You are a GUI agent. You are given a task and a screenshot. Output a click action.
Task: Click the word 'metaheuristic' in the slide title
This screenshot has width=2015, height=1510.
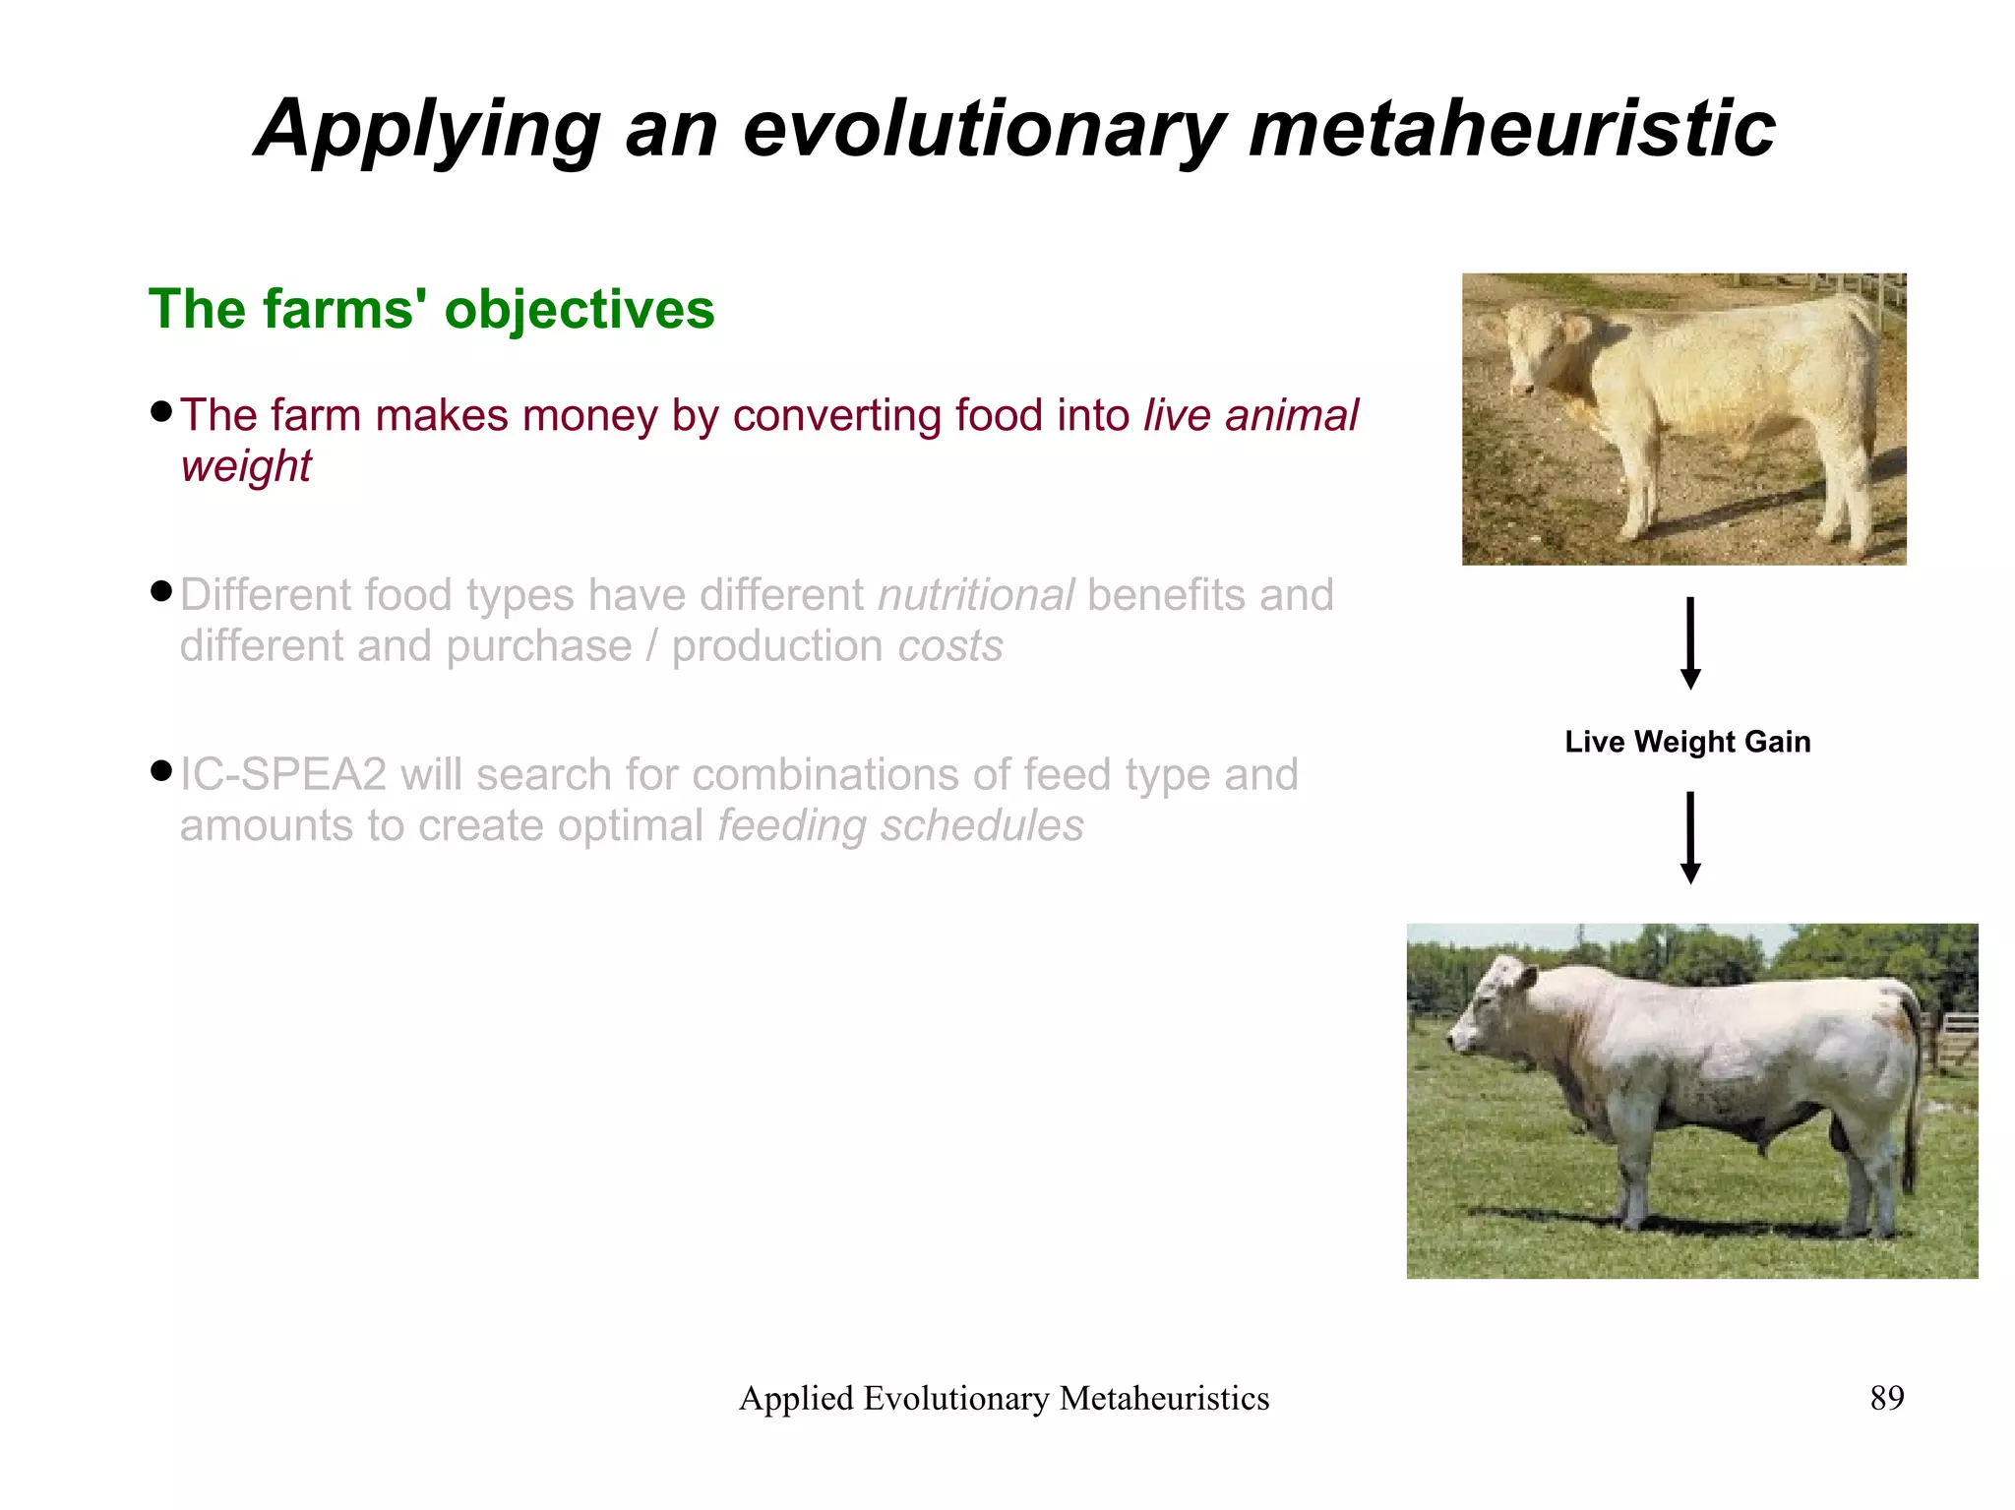1511,129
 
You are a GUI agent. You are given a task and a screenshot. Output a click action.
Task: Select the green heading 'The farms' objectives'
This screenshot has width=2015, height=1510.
431,309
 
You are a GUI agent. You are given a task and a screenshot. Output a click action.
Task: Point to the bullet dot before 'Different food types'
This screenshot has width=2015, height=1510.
161,591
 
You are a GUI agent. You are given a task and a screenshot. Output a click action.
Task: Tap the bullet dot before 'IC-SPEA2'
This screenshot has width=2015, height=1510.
161,770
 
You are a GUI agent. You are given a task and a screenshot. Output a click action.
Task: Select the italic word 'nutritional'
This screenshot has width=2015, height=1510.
976,595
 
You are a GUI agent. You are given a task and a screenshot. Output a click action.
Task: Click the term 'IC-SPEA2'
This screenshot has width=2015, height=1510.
283,775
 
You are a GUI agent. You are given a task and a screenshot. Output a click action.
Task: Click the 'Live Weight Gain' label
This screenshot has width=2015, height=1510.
1687,742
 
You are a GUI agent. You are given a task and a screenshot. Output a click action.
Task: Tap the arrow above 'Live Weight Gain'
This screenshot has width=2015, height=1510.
1690,643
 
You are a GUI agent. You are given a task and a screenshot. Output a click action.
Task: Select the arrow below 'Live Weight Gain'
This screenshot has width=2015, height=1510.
1690,837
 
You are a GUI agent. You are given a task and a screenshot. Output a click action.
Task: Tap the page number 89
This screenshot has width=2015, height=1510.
1886,1398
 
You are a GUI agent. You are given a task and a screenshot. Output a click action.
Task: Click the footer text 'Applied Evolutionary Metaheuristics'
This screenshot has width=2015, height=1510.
1004,1399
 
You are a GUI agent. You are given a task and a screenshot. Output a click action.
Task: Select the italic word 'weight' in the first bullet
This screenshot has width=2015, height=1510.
246,466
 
